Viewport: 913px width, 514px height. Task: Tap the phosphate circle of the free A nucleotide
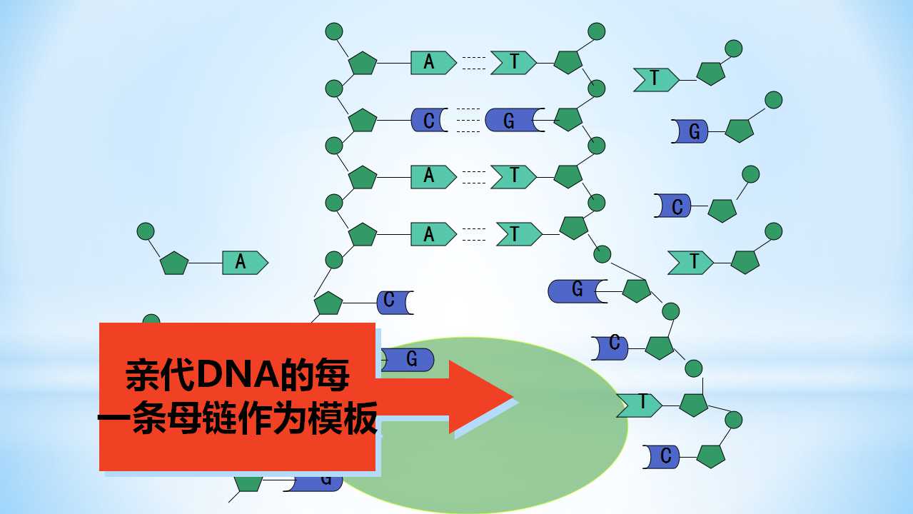146,231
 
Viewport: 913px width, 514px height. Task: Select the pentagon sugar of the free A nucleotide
174,263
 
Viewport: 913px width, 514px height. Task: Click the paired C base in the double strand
429,120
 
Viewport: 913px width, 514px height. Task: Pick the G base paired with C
515,120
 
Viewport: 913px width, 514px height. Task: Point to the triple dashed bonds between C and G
468,120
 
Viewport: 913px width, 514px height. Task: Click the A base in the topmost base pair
433,63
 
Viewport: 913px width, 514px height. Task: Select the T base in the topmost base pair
513,63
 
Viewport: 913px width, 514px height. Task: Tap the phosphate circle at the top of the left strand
334,31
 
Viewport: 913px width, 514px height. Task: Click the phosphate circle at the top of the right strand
597,31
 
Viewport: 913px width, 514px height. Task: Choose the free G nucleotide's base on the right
690,131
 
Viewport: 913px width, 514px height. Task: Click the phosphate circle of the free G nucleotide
774,100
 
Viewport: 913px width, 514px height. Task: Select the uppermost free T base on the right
656,80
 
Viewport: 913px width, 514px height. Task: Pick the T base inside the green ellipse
639,405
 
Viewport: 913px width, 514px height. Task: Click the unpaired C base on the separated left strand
395,303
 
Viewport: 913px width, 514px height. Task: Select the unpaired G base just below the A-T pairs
577,291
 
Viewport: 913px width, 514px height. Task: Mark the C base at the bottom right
661,457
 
